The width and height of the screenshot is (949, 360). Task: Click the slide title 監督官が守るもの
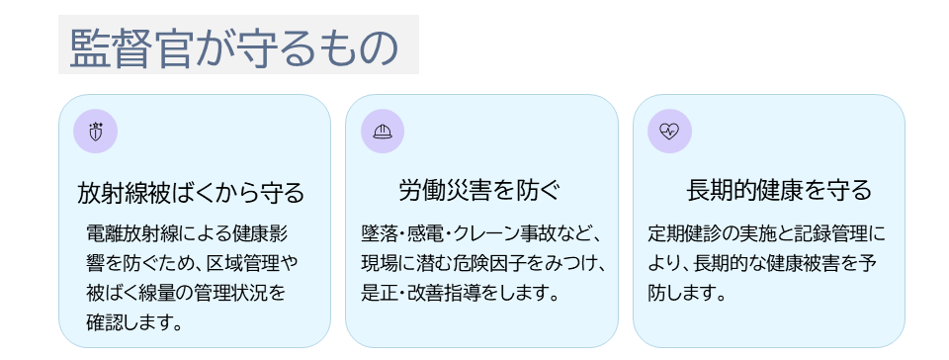(234, 47)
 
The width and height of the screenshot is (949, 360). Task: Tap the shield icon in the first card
(95, 132)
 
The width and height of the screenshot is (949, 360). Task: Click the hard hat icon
(383, 132)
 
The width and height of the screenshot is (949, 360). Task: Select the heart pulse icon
(669, 132)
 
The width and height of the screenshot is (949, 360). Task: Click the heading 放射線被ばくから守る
(191, 193)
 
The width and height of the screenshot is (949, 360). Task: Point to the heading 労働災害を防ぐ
(479, 191)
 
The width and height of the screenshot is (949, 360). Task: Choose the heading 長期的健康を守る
(779, 191)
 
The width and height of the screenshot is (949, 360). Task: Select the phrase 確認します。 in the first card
(134, 322)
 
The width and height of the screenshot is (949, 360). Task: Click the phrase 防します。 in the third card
(687, 294)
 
